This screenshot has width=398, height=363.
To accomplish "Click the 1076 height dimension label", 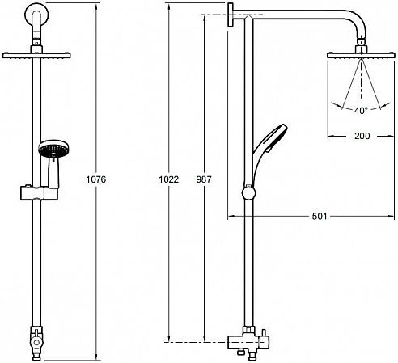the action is click(96, 179).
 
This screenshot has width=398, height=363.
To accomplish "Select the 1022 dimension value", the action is click(169, 179).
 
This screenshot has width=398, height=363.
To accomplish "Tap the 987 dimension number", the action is click(204, 179).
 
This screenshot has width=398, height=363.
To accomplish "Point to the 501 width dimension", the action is click(320, 216).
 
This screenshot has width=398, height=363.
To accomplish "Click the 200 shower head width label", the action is click(362, 136).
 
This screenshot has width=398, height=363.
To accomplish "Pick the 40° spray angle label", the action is click(361, 111).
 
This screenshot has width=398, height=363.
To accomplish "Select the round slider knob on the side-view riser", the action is click(248, 193).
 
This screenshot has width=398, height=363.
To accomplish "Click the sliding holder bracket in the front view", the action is click(39, 193).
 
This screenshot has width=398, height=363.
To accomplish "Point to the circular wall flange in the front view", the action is click(36, 14).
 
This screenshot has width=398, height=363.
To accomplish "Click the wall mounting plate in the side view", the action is click(231, 15).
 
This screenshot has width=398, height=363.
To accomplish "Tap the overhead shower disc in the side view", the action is click(361, 56).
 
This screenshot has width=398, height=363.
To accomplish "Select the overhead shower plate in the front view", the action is click(36, 56).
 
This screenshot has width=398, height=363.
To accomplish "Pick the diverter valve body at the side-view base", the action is click(248, 342).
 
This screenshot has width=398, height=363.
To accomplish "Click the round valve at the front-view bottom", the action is click(36, 343).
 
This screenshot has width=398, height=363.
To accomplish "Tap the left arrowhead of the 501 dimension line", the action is click(231, 216).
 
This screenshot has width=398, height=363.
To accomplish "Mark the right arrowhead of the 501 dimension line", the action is click(392, 216).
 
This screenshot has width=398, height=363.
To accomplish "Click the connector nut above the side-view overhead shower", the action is click(361, 42).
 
